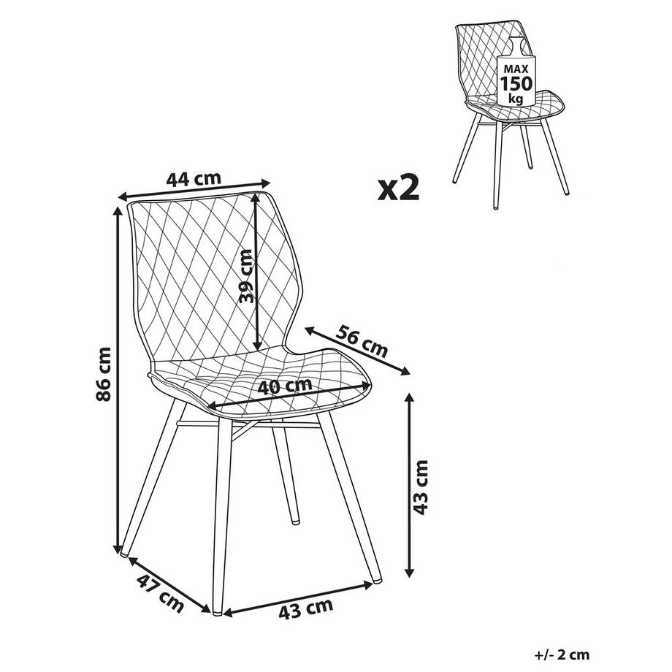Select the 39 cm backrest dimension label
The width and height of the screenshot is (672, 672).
pyautogui.click(x=246, y=276)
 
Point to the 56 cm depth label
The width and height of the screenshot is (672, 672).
pyautogui.click(x=362, y=340)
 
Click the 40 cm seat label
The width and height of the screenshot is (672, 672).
pyautogui.click(x=285, y=387)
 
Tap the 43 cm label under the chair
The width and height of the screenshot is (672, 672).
pyautogui.click(x=307, y=608)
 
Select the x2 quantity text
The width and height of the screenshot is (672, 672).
pyautogui.click(x=399, y=188)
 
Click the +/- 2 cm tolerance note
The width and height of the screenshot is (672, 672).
pyautogui.click(x=562, y=655)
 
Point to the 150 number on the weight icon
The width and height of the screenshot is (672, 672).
pyautogui.click(x=515, y=83)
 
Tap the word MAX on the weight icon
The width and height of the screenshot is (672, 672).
pyautogui.click(x=515, y=68)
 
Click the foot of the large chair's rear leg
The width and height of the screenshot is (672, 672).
pyautogui.click(x=294, y=522)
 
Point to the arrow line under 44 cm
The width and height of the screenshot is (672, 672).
pyautogui.click(x=194, y=191)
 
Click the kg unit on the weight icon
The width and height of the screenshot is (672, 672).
pyautogui.click(x=516, y=99)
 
